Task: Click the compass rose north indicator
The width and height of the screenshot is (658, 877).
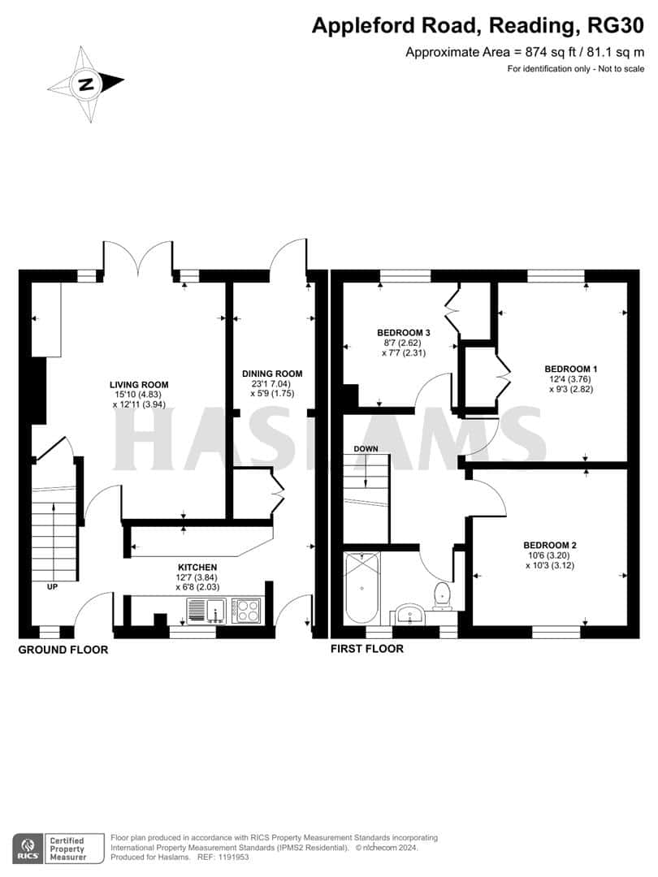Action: coord(85,83)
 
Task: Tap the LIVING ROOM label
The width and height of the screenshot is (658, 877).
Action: coord(140,384)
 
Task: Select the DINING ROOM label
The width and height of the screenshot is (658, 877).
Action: coord(272,374)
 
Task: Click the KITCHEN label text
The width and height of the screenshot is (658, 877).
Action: coord(197,567)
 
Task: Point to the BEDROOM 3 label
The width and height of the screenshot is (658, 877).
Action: coord(403,333)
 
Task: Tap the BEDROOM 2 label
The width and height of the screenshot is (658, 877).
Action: coord(550,545)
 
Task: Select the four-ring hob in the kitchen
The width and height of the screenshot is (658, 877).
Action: coord(247,609)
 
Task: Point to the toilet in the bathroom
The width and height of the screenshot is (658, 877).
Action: coord(442,594)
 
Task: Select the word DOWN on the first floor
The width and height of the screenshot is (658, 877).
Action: coord(365,448)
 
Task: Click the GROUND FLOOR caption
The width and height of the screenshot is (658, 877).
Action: coord(63,650)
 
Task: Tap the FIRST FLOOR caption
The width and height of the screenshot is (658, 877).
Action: coord(366,649)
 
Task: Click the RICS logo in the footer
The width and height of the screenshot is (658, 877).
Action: coord(27,849)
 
